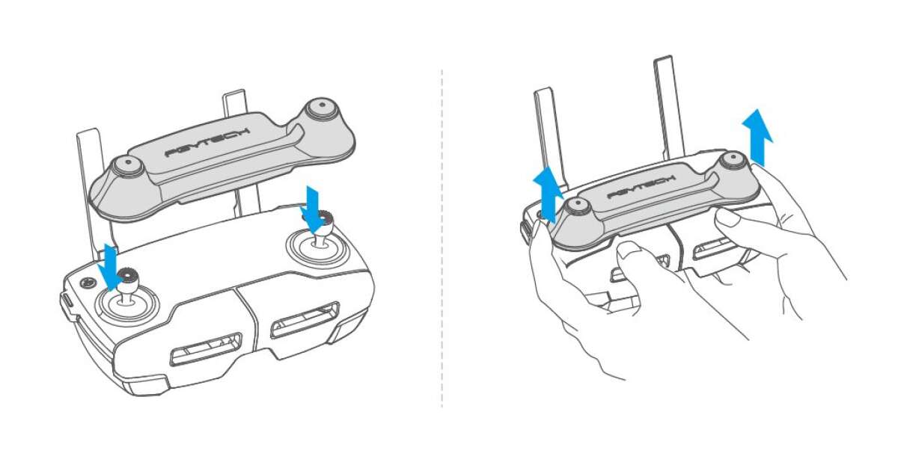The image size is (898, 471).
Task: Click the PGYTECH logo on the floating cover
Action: (x=208, y=142)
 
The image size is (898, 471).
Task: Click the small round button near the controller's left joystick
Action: (x=87, y=283)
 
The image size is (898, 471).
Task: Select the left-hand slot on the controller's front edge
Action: (x=206, y=349)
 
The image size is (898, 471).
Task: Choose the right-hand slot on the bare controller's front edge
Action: (x=305, y=320)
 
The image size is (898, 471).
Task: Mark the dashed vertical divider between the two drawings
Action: (x=442, y=238)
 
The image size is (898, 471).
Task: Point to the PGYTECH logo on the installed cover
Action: (x=641, y=187)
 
